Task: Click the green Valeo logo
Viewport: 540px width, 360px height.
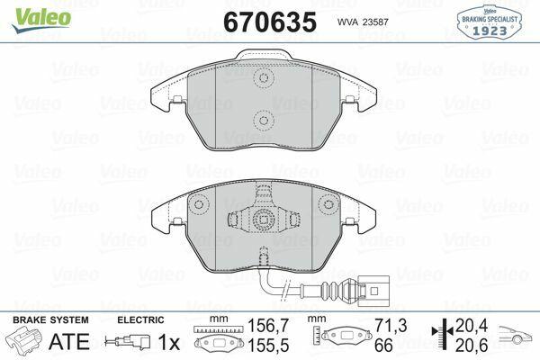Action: coord(41,20)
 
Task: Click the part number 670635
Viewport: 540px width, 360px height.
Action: coord(270,22)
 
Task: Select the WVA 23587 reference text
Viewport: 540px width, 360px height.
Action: coord(363,22)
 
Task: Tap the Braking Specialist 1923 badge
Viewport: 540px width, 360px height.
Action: coord(490,22)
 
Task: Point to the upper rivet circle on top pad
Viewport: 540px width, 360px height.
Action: coord(264,77)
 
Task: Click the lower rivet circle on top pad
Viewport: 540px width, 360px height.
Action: coord(264,121)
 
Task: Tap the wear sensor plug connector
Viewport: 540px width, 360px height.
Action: coord(373,291)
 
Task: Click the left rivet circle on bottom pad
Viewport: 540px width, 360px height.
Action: coord(199,204)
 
